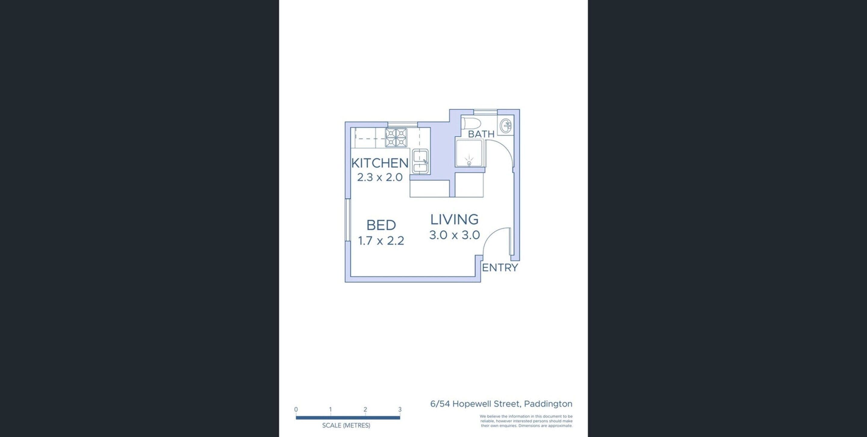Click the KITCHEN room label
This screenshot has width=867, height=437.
[x=380, y=163]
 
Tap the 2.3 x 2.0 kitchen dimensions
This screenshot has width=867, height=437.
[x=380, y=177]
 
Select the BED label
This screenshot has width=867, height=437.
[x=381, y=225]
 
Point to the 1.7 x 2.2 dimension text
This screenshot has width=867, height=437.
[x=381, y=240]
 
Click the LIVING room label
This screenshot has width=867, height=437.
[x=454, y=219]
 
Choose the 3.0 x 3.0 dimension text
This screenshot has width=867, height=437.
[x=454, y=235]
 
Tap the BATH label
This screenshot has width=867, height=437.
[x=481, y=134]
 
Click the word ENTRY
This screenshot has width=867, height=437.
[x=500, y=268]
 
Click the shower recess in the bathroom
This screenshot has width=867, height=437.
[x=469, y=153]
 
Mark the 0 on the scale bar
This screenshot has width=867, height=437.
[x=296, y=409]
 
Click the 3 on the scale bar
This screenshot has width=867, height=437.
[x=400, y=409]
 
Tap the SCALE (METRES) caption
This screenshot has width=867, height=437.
[x=346, y=426]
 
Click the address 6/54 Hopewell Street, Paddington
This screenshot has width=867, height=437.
[x=501, y=404]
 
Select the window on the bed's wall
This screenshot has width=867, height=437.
[x=348, y=220]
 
